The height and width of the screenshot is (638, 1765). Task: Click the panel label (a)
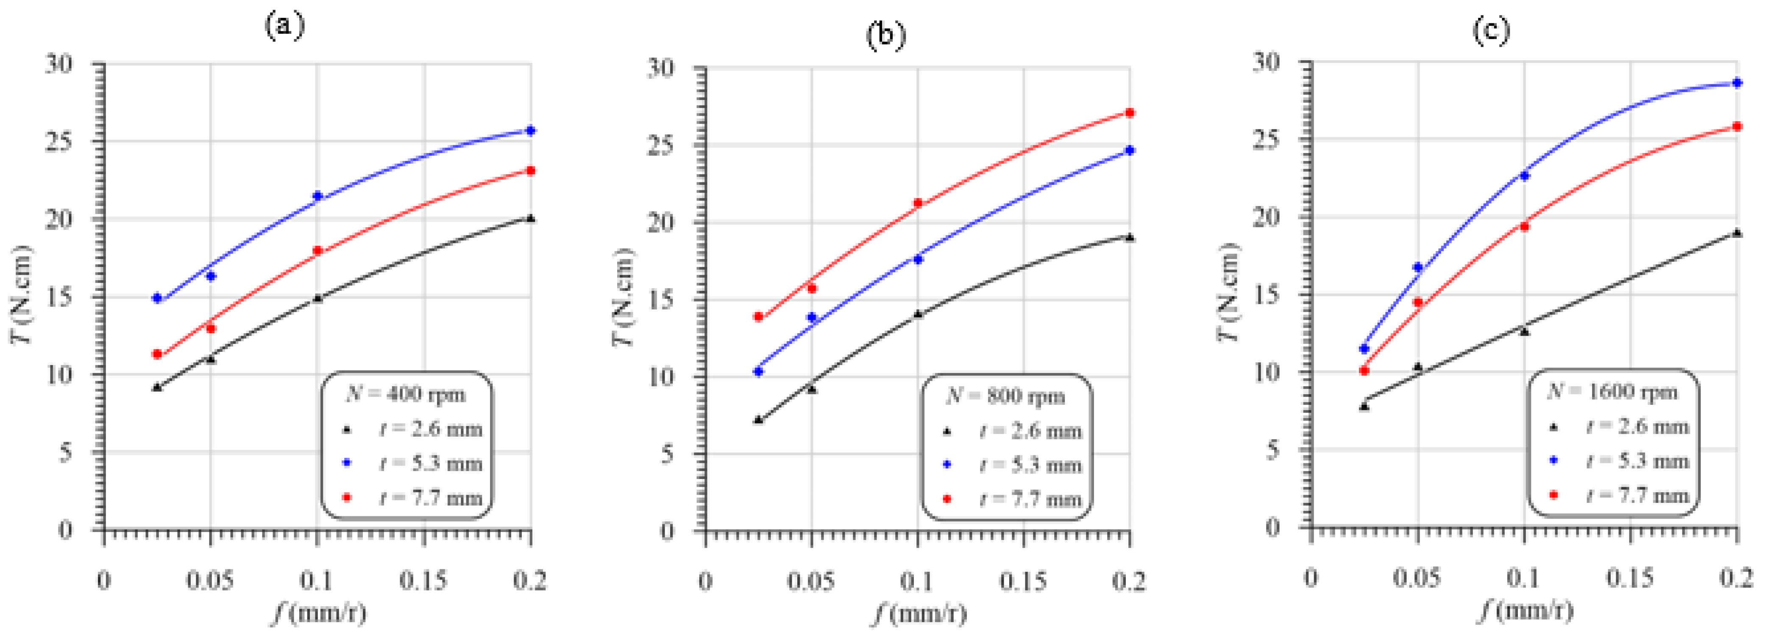coord(284,26)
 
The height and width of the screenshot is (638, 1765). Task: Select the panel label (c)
coord(1491,31)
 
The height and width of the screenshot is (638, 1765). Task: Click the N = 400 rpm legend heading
coord(406,394)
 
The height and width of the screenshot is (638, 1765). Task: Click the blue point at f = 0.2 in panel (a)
coord(530,130)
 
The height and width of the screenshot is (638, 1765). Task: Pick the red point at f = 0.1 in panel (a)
coord(317,251)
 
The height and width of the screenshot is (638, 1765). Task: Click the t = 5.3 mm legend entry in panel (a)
coord(430,464)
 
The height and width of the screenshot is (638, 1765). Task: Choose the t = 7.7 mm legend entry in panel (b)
coord(1030,499)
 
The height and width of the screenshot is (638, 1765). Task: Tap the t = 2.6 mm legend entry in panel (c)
coord(1637,427)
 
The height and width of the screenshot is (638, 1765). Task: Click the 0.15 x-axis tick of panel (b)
coord(1023,582)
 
